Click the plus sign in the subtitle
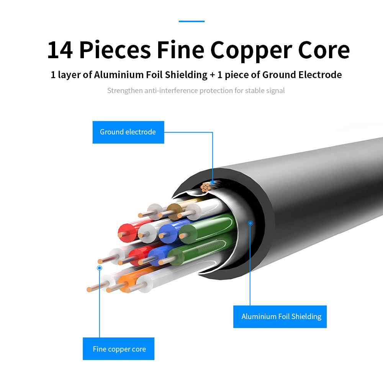212,74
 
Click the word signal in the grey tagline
274,91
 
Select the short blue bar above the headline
191,21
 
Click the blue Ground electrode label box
128,132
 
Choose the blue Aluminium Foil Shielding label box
280,316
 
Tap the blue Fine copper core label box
119,349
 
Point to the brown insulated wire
174,209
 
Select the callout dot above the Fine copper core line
100,268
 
